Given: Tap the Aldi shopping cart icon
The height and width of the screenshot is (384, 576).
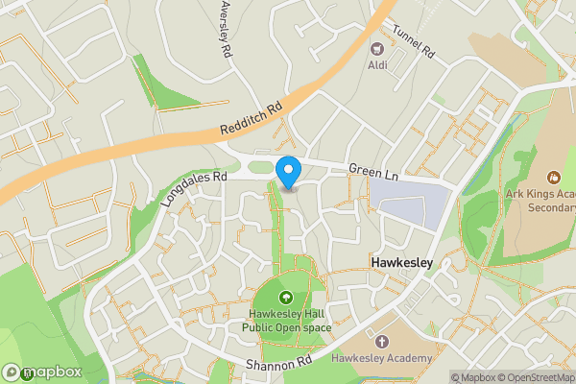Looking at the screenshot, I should pyautogui.click(x=377, y=48).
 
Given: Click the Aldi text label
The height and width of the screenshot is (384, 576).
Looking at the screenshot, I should pyautogui.click(x=378, y=65).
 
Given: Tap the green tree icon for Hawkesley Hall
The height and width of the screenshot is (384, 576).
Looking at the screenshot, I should pyautogui.click(x=286, y=298).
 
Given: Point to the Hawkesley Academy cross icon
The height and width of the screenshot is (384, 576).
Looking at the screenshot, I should pyautogui.click(x=383, y=342).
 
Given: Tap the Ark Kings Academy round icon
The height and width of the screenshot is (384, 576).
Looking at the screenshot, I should pyautogui.click(x=553, y=177).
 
